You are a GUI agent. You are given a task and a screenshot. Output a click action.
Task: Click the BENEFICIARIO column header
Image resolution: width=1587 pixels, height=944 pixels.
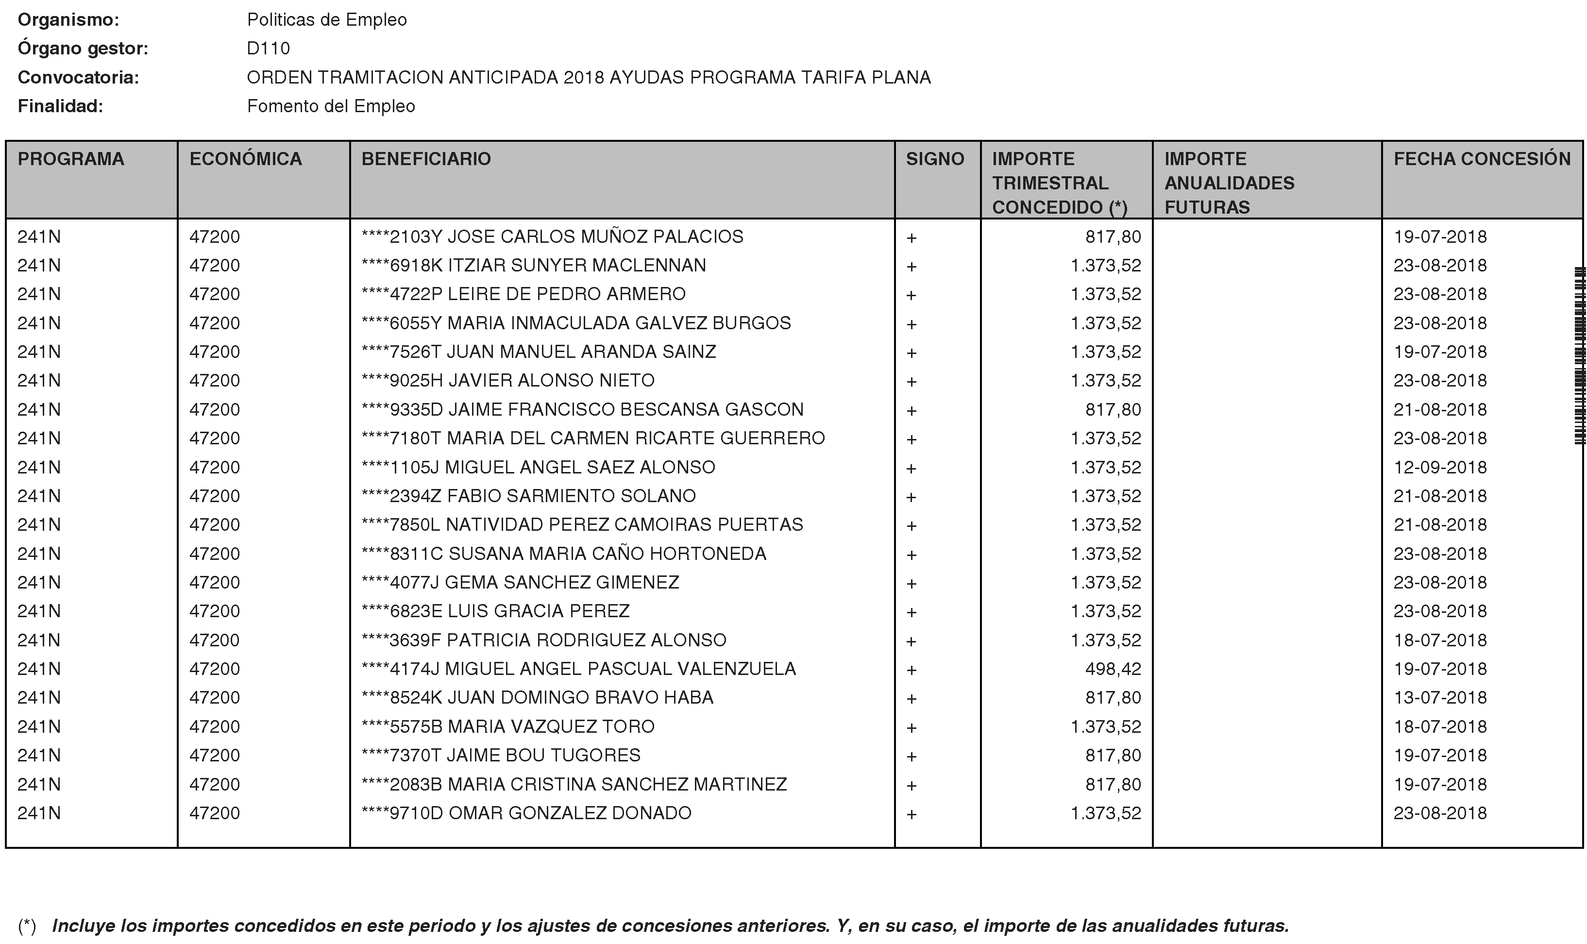tap(426, 159)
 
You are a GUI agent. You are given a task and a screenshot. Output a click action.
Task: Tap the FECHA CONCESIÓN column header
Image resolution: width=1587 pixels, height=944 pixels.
tap(1482, 159)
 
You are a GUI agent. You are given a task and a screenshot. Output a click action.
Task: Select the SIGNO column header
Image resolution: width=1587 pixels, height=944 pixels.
tap(934, 159)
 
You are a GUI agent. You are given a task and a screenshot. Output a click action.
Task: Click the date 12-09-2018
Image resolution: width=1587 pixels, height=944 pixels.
tap(1440, 467)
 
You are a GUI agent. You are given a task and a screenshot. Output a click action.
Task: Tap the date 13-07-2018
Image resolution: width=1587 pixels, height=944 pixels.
tap(1440, 697)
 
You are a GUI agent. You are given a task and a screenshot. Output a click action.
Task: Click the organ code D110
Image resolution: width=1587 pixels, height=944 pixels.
tap(269, 49)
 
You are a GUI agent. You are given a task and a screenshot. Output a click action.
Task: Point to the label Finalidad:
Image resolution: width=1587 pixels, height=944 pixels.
tap(60, 106)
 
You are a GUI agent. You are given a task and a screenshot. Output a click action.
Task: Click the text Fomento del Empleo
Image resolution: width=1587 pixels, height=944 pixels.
tap(331, 106)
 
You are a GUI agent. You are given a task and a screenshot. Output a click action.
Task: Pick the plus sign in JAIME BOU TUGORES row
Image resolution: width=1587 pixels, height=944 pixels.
tap(911, 757)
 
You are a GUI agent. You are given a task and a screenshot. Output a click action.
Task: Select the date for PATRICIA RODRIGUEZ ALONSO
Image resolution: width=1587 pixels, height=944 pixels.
tap(1440, 640)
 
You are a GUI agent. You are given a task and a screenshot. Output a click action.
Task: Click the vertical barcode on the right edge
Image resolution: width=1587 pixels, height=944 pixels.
tap(1579, 356)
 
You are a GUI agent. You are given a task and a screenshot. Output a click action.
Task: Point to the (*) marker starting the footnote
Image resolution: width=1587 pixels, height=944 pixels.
tap(27, 926)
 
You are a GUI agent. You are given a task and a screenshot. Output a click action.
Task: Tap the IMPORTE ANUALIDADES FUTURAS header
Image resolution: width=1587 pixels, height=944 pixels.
tap(1229, 183)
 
